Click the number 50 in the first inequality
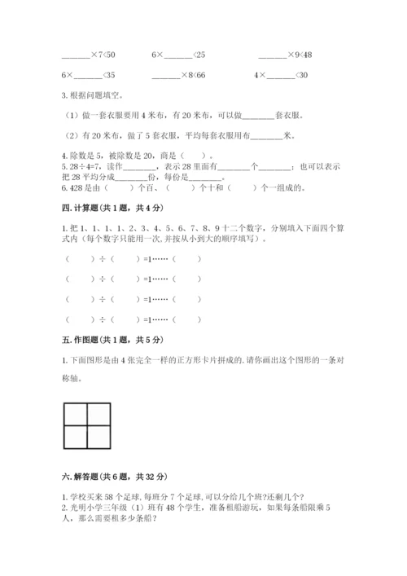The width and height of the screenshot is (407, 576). [x=110, y=55]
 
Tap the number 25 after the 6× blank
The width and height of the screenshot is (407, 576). [x=199, y=55]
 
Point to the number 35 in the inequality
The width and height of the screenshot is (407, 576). [x=110, y=75]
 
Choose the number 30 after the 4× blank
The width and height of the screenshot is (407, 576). [x=303, y=75]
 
